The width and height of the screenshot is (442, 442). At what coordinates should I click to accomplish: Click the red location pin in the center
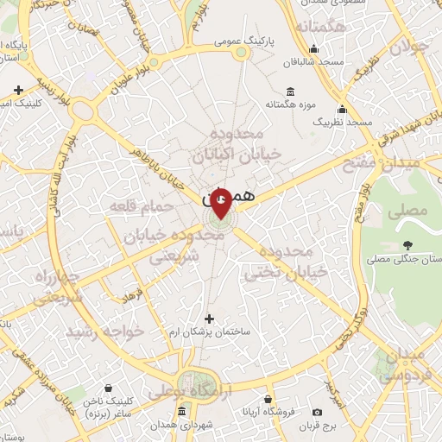[221, 201]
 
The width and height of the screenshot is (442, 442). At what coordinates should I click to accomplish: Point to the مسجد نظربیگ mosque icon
[343, 110]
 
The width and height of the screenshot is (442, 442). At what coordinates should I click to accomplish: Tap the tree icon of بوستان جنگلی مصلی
[407, 245]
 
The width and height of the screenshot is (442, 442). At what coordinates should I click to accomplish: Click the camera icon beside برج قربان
[318, 412]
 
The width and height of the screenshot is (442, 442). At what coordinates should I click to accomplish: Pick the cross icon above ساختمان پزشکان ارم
[207, 319]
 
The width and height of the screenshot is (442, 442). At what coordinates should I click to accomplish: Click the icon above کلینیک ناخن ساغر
[108, 389]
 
